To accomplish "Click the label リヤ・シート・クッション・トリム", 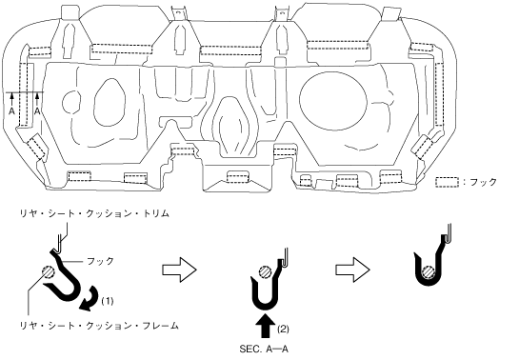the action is pyautogui.click(x=94, y=213).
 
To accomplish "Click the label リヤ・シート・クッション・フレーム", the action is pyautogui.click(x=99, y=326).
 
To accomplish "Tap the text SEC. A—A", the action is pyautogui.click(x=264, y=350).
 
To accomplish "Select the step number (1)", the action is pyautogui.click(x=108, y=302).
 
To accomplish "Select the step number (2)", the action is pyautogui.click(x=283, y=330).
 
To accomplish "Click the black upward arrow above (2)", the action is pyautogui.click(x=266, y=326).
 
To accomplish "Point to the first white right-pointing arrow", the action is pyautogui.click(x=179, y=270).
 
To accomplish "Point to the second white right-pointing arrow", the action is pyautogui.click(x=352, y=270).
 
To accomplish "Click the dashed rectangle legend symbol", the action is pyautogui.click(x=447, y=182).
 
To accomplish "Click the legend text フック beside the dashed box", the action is pyautogui.click(x=484, y=182).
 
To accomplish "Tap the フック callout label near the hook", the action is pyautogui.click(x=100, y=261).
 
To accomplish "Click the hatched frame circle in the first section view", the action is pyautogui.click(x=49, y=273).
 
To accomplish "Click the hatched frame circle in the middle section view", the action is pyautogui.click(x=266, y=272).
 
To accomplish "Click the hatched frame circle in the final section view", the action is pyautogui.click(x=429, y=272).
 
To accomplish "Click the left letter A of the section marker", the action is pyautogui.click(x=12, y=111).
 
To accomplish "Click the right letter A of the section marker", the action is pyautogui.click(x=37, y=111).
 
